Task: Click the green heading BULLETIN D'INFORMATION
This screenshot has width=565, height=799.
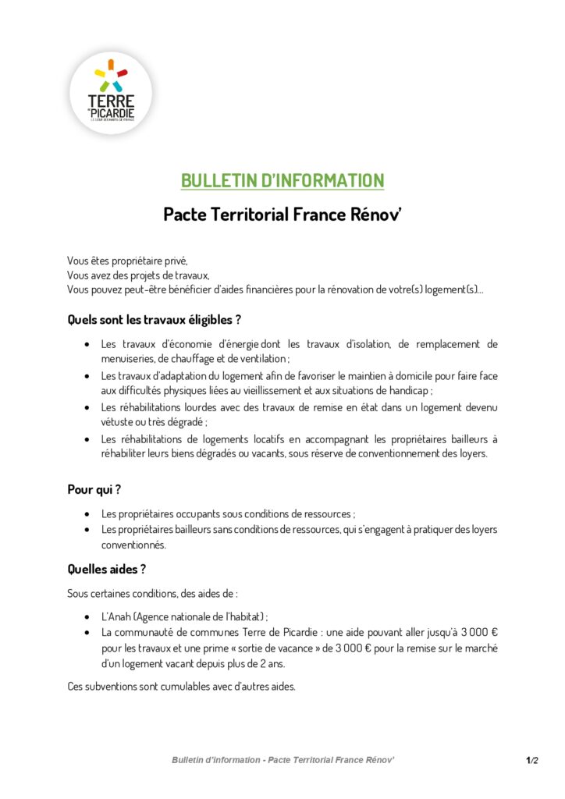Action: click(x=282, y=181)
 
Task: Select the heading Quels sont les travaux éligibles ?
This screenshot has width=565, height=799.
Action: click(x=154, y=319)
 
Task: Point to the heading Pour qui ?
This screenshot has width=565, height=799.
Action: click(x=94, y=490)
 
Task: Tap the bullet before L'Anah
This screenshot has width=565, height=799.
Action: click(x=85, y=616)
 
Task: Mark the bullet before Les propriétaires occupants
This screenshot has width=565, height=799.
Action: click(x=85, y=514)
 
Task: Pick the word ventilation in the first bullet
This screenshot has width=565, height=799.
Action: click(x=263, y=359)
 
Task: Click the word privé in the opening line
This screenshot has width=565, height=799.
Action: click(x=175, y=261)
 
